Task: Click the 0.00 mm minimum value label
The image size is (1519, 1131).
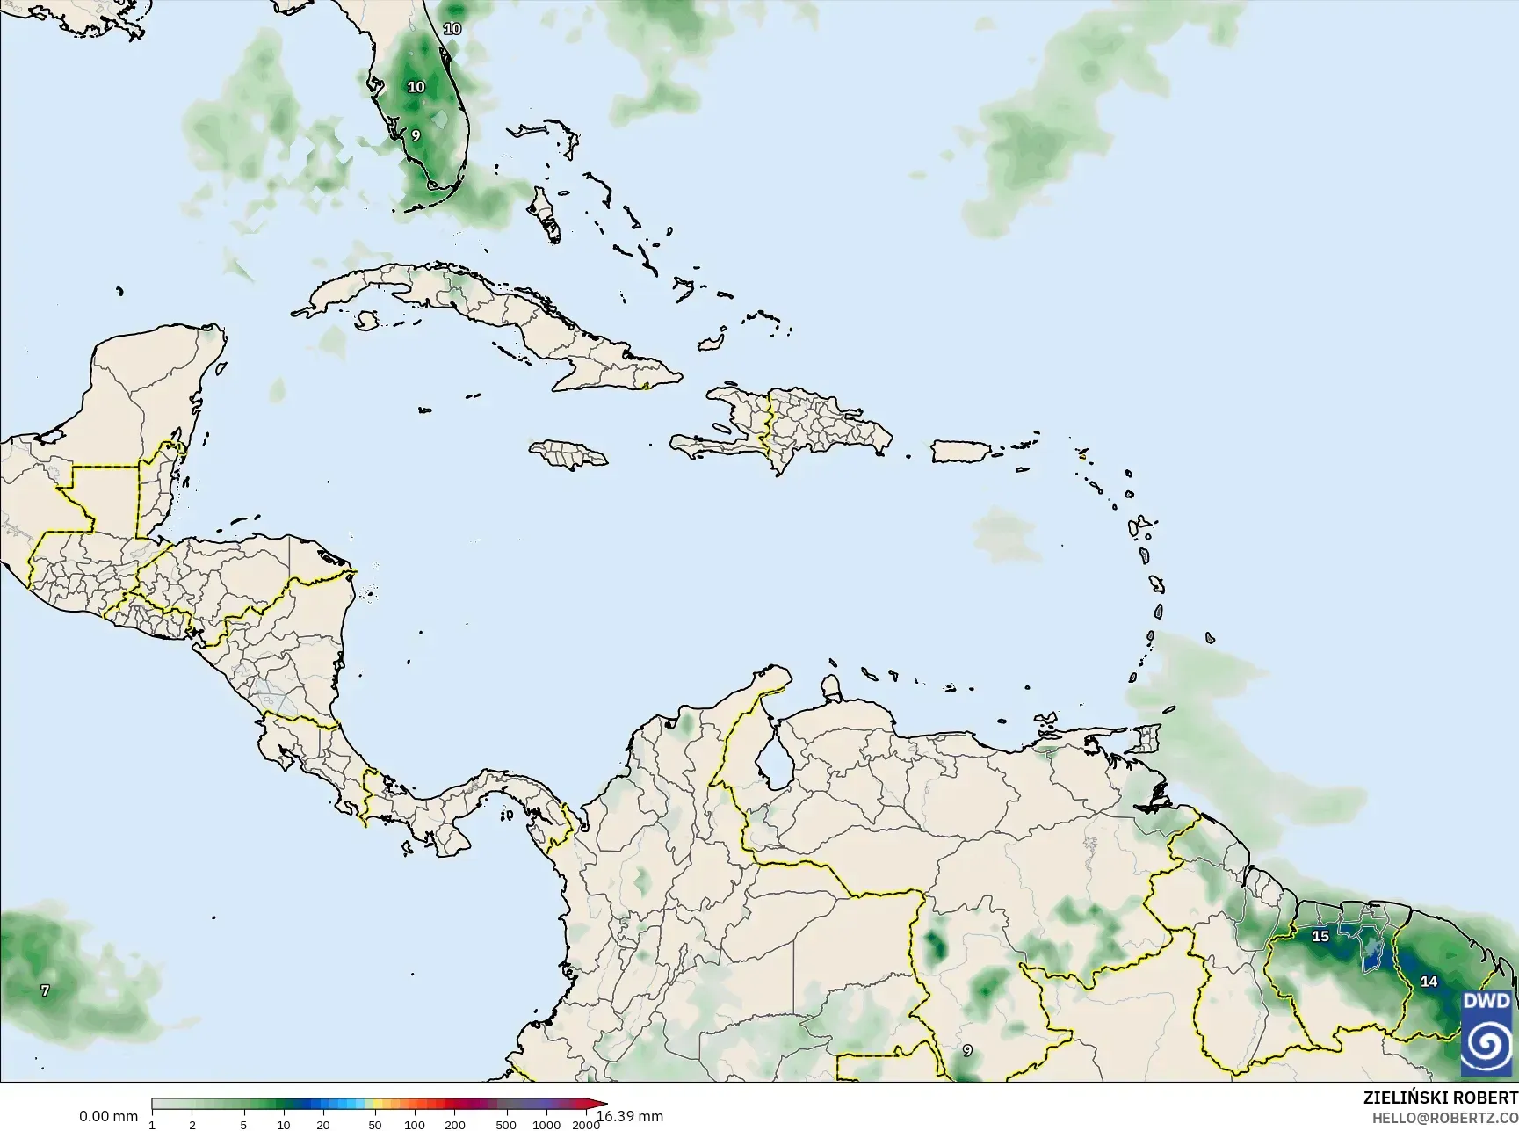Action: point(108,1116)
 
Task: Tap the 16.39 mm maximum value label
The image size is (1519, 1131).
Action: point(629,1116)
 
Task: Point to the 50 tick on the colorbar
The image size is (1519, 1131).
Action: point(375,1124)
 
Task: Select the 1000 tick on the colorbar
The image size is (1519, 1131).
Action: point(546,1124)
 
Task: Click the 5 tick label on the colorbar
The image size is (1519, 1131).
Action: point(243,1124)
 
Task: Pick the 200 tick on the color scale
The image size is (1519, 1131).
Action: point(455,1124)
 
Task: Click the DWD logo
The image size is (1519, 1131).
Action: point(1486,1033)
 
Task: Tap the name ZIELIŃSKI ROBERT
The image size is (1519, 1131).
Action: point(1440,1098)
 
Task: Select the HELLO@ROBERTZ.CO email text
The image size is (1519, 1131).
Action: point(1444,1117)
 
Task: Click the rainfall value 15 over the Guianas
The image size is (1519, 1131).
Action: point(1320,936)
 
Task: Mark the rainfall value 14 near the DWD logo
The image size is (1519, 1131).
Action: point(1429,982)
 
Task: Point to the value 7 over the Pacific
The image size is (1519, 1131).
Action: point(46,990)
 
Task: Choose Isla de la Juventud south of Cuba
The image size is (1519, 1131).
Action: point(366,321)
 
